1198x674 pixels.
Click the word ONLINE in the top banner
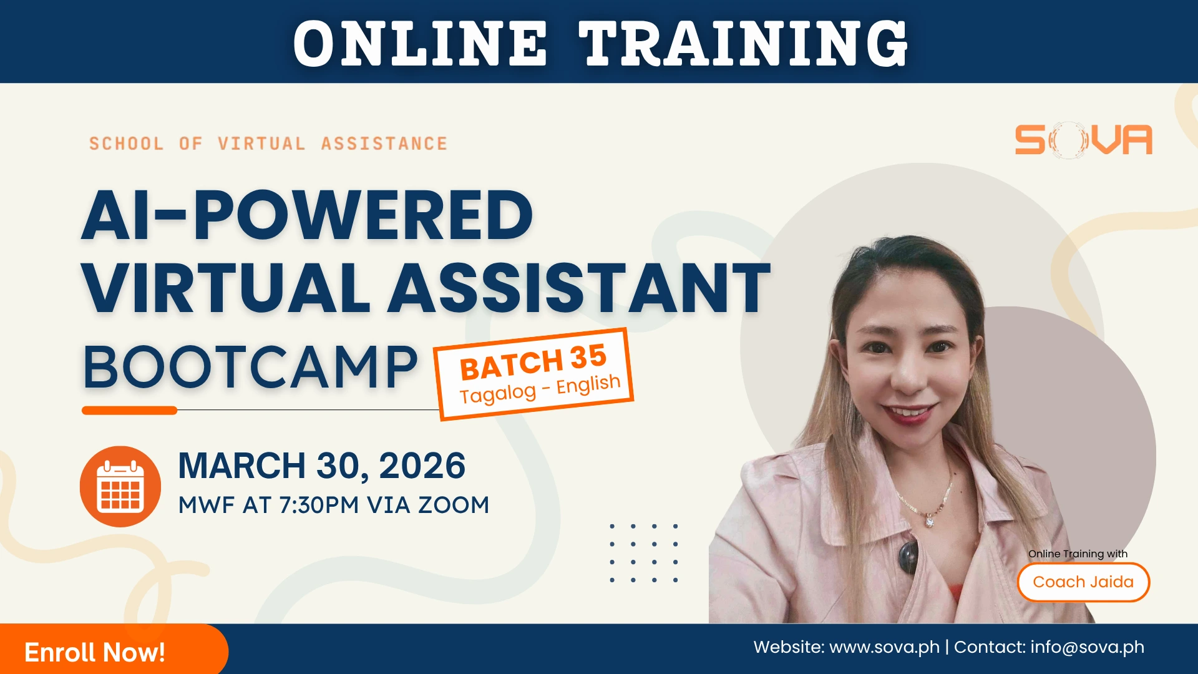(x=420, y=44)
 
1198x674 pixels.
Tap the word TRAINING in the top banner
(x=743, y=44)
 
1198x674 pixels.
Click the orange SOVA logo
(x=1083, y=140)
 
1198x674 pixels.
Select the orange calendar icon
(x=120, y=486)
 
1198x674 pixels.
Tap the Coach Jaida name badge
(x=1083, y=582)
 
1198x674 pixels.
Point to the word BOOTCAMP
(x=250, y=368)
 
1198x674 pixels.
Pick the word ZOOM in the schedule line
(x=454, y=505)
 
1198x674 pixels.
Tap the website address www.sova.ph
(x=884, y=647)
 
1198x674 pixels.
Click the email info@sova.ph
(x=1087, y=647)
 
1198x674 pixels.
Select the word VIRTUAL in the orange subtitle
(x=261, y=144)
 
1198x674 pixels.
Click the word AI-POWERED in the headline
(x=307, y=215)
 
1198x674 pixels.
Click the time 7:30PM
(x=319, y=505)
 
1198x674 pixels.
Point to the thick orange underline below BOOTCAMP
(x=130, y=410)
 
